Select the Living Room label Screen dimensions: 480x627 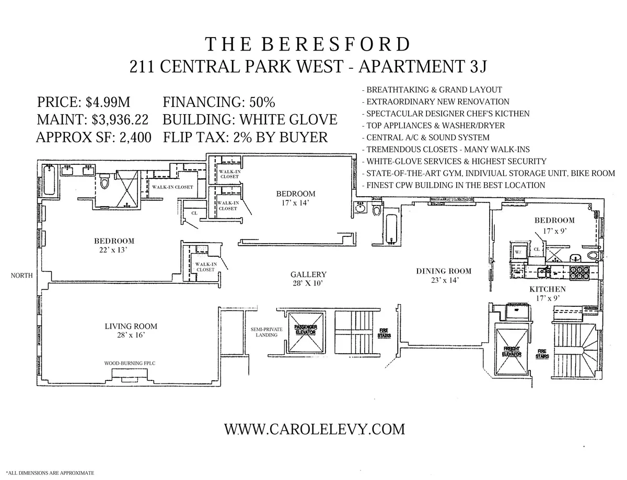pos(131,327)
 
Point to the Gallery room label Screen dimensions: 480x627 pos(308,274)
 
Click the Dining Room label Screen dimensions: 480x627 pos(444,271)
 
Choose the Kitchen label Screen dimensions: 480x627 pos(547,289)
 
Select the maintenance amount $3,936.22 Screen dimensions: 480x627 pos(120,119)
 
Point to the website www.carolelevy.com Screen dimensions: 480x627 pos(315,429)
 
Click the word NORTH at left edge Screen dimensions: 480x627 pos(21,275)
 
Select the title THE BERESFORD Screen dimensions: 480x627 pos(308,45)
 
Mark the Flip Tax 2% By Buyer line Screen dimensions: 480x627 pos(245,137)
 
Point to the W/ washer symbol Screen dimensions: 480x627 pos(518,251)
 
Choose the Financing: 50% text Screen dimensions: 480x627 pos(219,102)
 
